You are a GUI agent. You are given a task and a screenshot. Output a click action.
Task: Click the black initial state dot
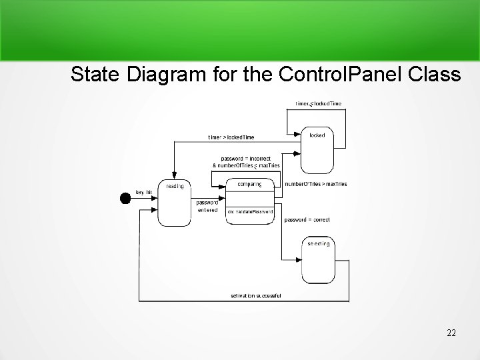pos(124,197)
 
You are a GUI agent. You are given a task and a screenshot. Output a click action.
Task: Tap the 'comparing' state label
pos(249,184)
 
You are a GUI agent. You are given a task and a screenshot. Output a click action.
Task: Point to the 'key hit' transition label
pos(144,192)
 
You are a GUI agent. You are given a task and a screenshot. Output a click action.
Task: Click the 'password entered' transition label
pos(207,206)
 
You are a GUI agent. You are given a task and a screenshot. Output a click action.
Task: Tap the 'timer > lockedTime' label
pos(231,137)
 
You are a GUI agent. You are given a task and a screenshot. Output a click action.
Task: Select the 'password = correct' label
pos(307,219)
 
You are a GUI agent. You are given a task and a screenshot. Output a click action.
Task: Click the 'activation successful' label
pos(256,295)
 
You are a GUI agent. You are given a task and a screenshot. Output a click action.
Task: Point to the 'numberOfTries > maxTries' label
pos(315,183)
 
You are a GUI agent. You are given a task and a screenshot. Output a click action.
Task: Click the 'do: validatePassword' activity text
pos(250,211)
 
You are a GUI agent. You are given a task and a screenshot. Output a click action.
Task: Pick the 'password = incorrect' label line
pos(246,158)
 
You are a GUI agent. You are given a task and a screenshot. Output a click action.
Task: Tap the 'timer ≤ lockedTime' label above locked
pos(319,103)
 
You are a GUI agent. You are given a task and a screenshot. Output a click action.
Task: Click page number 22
pos(451,333)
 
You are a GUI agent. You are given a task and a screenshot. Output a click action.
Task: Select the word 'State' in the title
pos(91,74)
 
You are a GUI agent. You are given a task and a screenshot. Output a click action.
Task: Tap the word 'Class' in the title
pos(435,74)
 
